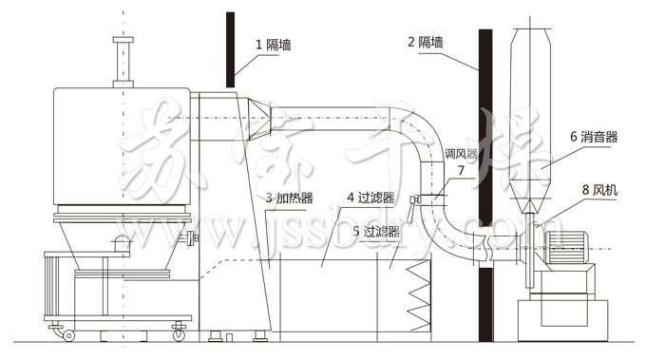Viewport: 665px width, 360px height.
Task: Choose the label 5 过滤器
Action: click(x=375, y=231)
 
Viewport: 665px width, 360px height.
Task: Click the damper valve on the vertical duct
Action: click(x=415, y=200)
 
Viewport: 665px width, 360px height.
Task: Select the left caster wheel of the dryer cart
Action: click(x=68, y=333)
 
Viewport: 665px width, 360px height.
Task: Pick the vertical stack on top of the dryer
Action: click(x=121, y=62)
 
